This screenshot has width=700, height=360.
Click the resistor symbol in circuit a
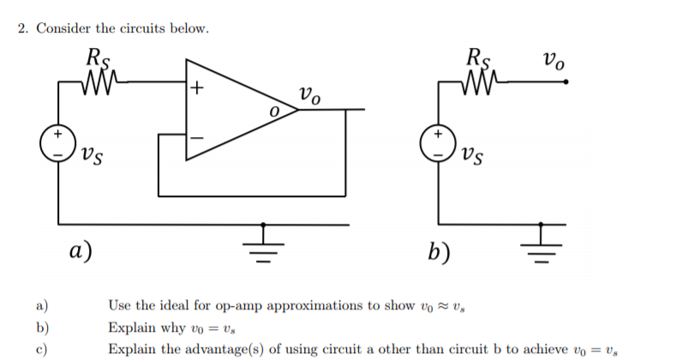(x=97, y=81)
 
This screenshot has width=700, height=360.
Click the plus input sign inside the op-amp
(x=197, y=87)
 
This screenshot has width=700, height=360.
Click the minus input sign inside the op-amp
(x=197, y=135)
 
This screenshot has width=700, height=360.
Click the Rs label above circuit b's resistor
(x=478, y=58)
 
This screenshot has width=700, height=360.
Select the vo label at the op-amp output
(x=309, y=94)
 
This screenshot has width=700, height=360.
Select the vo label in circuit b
(x=553, y=62)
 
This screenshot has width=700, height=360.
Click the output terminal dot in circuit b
(x=565, y=82)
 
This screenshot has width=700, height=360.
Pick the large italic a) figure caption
(x=81, y=250)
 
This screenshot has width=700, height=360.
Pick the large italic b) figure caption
(x=442, y=250)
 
